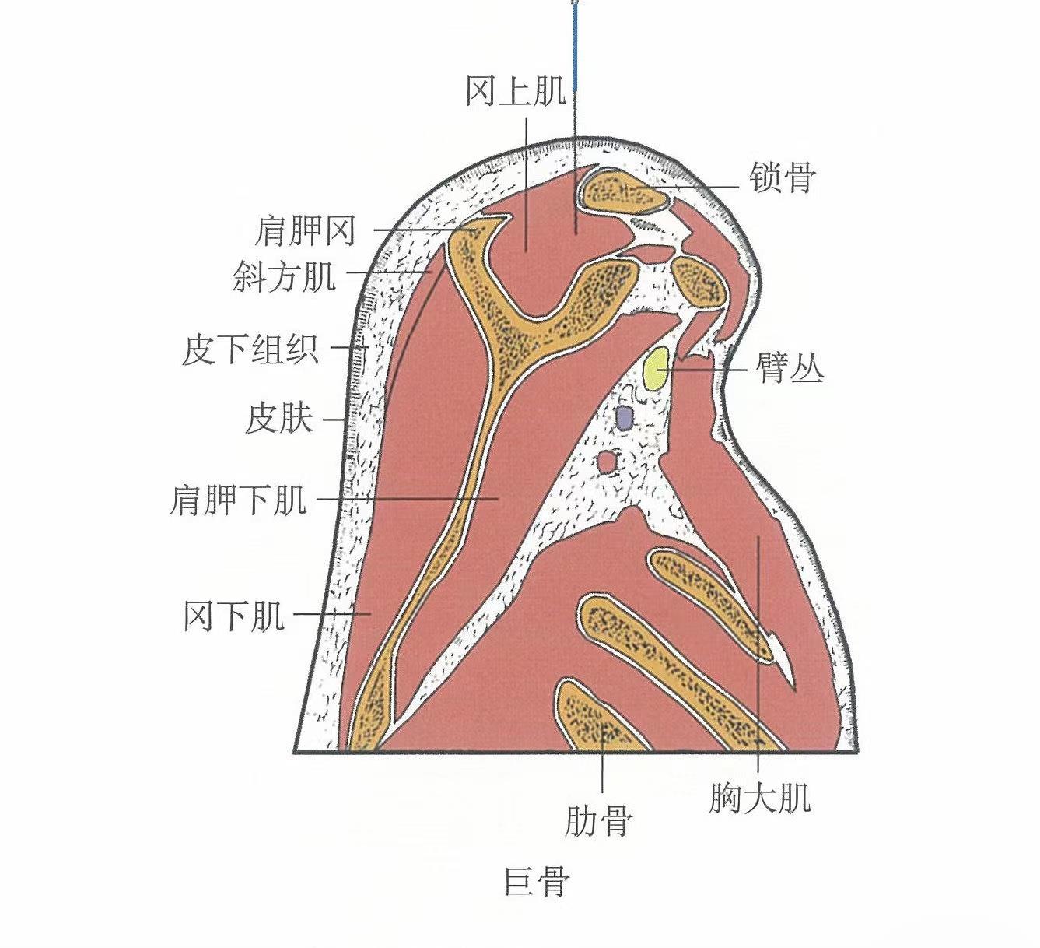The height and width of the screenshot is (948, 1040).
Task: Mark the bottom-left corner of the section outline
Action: (x=294, y=753)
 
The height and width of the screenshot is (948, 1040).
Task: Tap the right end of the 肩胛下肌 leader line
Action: (x=499, y=499)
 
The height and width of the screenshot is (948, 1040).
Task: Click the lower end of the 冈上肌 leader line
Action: (x=526, y=251)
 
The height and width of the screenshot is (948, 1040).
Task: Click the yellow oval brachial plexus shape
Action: (x=655, y=368)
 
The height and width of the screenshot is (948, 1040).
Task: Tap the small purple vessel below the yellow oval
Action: (x=624, y=418)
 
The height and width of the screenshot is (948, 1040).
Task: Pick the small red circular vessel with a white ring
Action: (x=607, y=462)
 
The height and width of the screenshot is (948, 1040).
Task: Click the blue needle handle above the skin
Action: (x=574, y=47)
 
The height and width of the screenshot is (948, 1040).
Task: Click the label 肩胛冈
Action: (x=306, y=230)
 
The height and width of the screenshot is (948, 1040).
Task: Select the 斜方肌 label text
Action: (x=285, y=275)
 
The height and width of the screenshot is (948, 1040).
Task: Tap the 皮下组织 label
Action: (x=250, y=349)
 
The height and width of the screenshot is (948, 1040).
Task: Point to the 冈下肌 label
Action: (x=234, y=616)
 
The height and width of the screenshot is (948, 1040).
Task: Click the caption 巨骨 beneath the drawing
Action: (x=537, y=880)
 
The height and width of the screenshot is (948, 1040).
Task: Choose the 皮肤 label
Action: (x=279, y=418)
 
